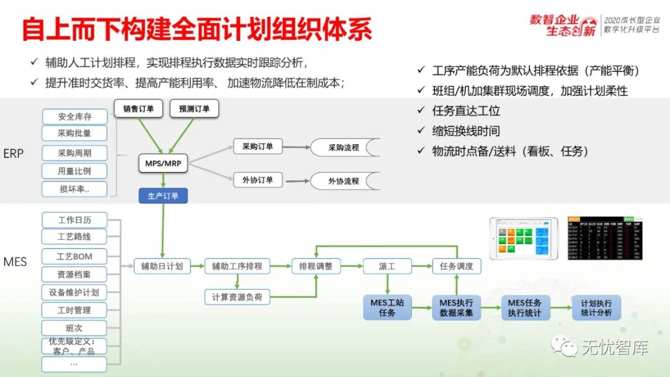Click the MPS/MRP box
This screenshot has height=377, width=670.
(x=163, y=163)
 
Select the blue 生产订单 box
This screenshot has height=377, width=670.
(x=163, y=196)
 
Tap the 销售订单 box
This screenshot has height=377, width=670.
(x=138, y=109)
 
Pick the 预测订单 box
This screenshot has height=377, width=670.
(x=194, y=109)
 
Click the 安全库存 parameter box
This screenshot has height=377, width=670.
(x=74, y=116)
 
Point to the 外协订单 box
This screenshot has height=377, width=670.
(x=257, y=180)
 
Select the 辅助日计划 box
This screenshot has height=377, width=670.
(x=162, y=266)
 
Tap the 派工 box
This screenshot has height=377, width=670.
(x=386, y=266)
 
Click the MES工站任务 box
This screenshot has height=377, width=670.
(x=387, y=307)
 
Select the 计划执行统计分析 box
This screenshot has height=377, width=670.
(x=596, y=307)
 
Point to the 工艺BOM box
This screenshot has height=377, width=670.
(x=74, y=257)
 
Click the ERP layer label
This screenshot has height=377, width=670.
(x=14, y=153)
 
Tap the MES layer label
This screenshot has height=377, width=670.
(x=15, y=261)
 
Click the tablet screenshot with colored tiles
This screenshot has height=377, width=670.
(x=524, y=238)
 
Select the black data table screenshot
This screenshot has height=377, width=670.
(x=605, y=238)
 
